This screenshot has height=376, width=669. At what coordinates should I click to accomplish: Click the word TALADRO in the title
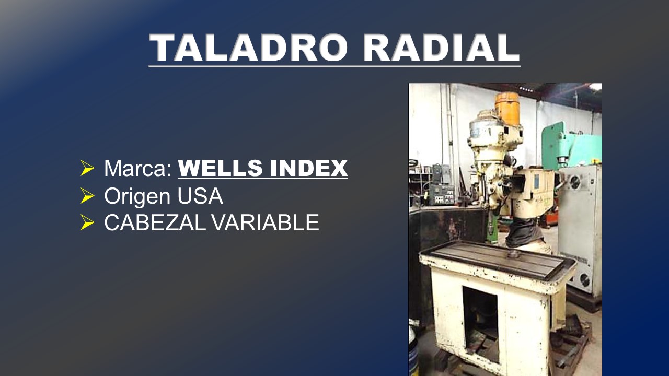[x=248, y=48]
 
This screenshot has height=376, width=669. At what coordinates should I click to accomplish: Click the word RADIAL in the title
[x=441, y=48]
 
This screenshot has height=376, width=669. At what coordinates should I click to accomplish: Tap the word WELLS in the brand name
[x=221, y=168]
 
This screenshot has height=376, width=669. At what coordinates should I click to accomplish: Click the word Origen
[x=137, y=197]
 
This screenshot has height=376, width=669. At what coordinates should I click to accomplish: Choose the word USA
[x=200, y=196]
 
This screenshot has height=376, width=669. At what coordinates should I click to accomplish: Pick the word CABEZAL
[x=155, y=222]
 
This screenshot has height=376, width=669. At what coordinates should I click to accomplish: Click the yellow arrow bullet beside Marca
[x=87, y=168]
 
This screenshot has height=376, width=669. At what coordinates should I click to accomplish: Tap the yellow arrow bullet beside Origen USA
[x=87, y=196]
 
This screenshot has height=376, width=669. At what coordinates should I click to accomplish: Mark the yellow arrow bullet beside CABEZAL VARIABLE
[x=87, y=222]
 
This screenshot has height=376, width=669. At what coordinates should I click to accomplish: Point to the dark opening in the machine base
[x=480, y=324]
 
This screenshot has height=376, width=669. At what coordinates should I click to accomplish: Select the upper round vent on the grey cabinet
[x=575, y=182]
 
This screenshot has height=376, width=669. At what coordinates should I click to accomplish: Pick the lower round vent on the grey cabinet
[x=584, y=280]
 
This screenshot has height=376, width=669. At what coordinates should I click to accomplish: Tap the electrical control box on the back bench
[x=442, y=194]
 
